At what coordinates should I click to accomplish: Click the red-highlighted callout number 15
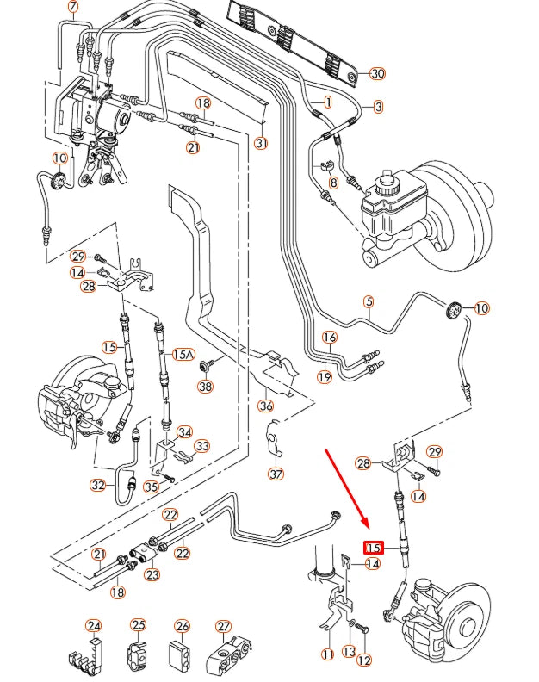[374, 548]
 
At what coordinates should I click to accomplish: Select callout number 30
[377, 73]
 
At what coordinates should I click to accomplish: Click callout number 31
[262, 143]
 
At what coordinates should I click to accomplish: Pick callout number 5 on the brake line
[369, 301]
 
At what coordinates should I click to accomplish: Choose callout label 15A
[183, 354]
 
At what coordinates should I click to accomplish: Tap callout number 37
[275, 474]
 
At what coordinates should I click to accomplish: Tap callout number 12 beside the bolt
[364, 660]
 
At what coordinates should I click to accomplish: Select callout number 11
[327, 654]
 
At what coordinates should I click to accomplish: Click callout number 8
[334, 183]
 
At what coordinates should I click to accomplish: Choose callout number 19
[324, 376]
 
